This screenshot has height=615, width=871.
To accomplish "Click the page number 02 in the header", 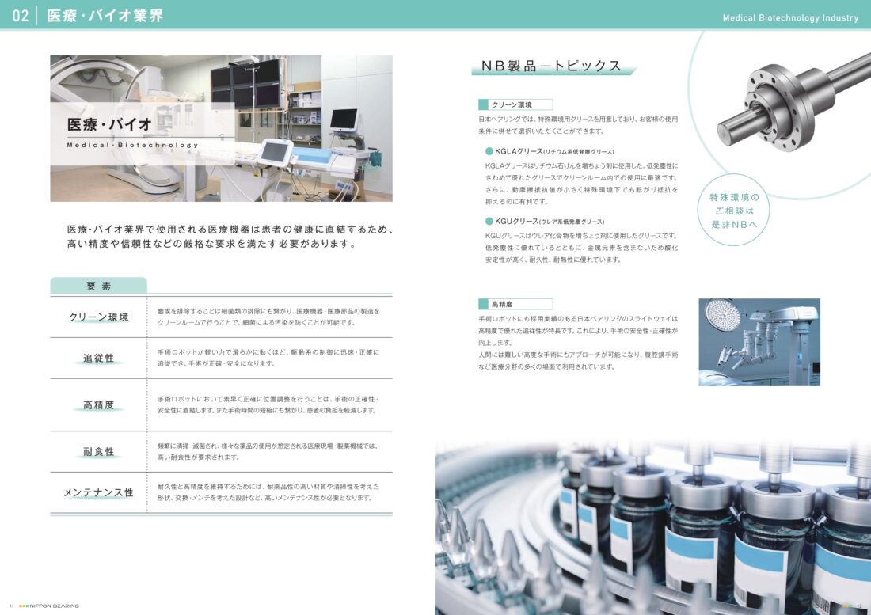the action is coord(21,16).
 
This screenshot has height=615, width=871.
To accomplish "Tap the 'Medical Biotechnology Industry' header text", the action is coord(790,17).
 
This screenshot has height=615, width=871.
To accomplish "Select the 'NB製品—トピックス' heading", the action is coord(551,66).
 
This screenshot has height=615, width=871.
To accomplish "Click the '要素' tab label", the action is coord(99,286).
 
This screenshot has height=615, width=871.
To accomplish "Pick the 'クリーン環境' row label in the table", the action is coord(98,317).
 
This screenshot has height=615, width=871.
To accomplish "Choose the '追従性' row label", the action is coord(98,358).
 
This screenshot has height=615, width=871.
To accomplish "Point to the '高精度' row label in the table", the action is coord(98,404).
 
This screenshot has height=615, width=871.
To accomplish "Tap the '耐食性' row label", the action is coord(98,451).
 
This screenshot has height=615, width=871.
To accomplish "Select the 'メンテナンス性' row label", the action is coord(98,492).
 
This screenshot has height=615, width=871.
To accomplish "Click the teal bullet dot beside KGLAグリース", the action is coord(489,151).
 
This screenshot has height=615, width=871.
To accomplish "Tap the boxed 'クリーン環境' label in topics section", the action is coord(515,104).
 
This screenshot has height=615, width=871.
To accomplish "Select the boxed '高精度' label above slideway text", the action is coord(515,304).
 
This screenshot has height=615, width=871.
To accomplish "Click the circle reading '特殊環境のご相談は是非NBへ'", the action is coord(734,211).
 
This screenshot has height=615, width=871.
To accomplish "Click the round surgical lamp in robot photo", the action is coord(723,315).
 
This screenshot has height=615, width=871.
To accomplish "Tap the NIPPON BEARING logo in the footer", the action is coord(49,606).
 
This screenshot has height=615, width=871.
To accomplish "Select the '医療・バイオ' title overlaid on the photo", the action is coord(109,124).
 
